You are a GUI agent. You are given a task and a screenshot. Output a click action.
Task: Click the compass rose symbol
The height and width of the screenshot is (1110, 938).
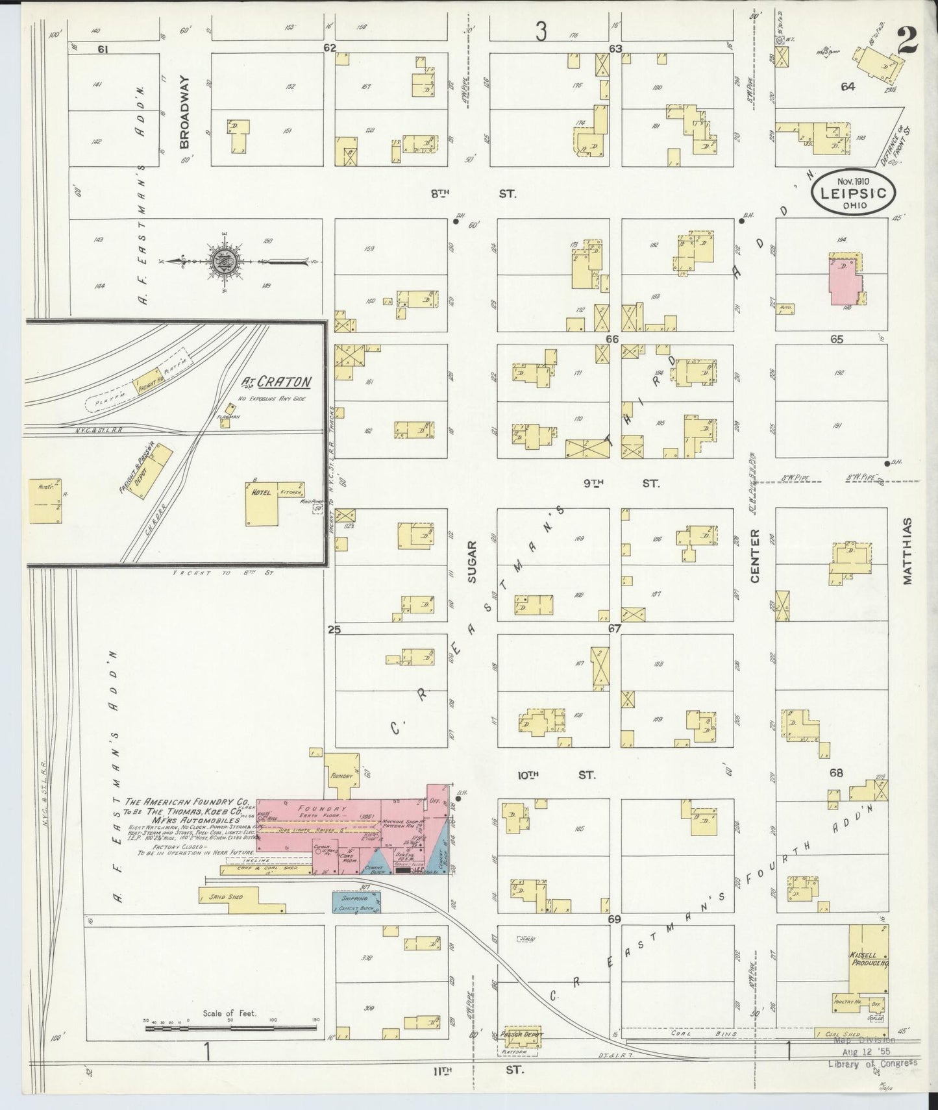click(x=223, y=261)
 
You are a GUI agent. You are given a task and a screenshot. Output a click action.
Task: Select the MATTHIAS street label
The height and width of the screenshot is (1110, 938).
click(x=907, y=551)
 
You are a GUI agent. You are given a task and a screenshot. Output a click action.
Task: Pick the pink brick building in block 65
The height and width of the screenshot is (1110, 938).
click(x=845, y=280)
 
